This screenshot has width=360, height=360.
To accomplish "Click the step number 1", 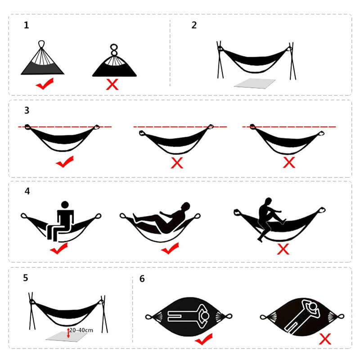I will coord(27,25).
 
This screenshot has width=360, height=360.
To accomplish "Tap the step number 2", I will coord(194,25).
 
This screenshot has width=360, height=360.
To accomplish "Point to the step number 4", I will coord(27,191).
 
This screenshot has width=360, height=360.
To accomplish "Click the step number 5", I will coord(26,278).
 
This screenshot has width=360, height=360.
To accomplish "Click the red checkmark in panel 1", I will coord(45,83).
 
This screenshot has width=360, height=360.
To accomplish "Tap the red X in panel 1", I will coord(112,84).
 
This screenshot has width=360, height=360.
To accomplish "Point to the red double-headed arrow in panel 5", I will coord(68,333).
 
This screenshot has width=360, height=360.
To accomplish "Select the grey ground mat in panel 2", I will coord(255,83).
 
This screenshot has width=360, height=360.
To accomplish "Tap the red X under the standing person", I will coord(283,248).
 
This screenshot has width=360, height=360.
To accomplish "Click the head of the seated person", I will coord(64,205).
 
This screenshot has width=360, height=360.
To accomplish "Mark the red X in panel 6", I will coord(325,339).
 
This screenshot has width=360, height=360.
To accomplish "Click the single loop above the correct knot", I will coord(43,44).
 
